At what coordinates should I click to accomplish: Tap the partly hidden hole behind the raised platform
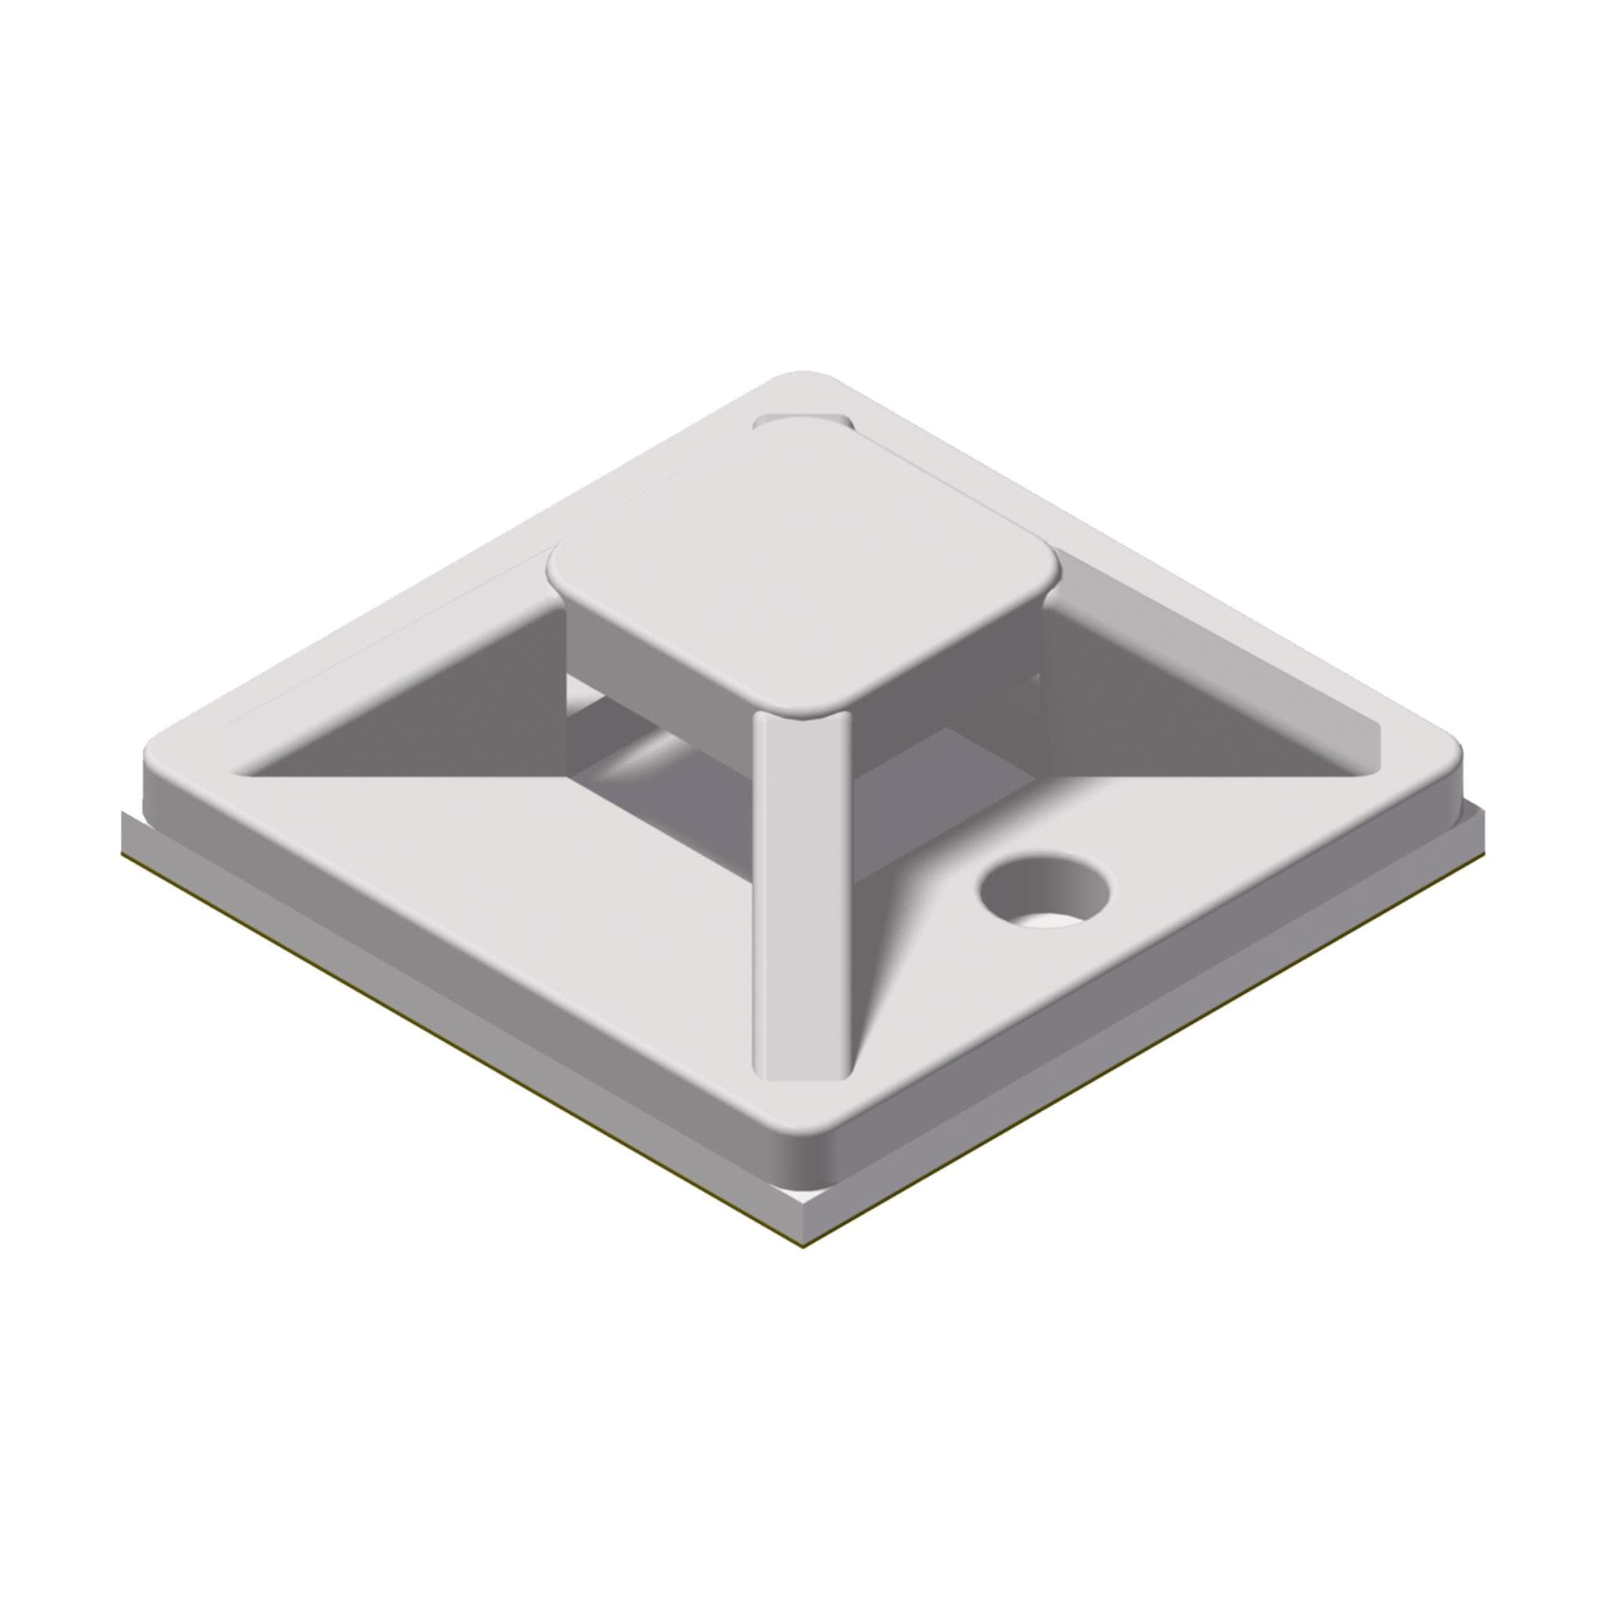[800, 421]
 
